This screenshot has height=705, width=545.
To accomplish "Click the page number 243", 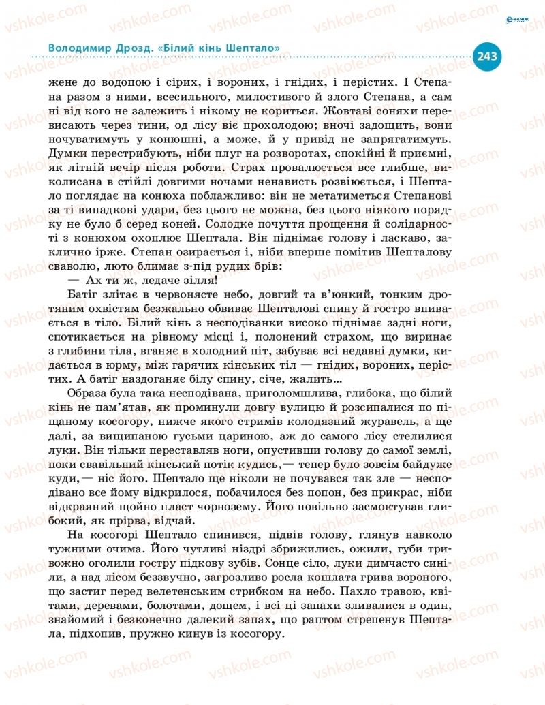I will click(x=488, y=56).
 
